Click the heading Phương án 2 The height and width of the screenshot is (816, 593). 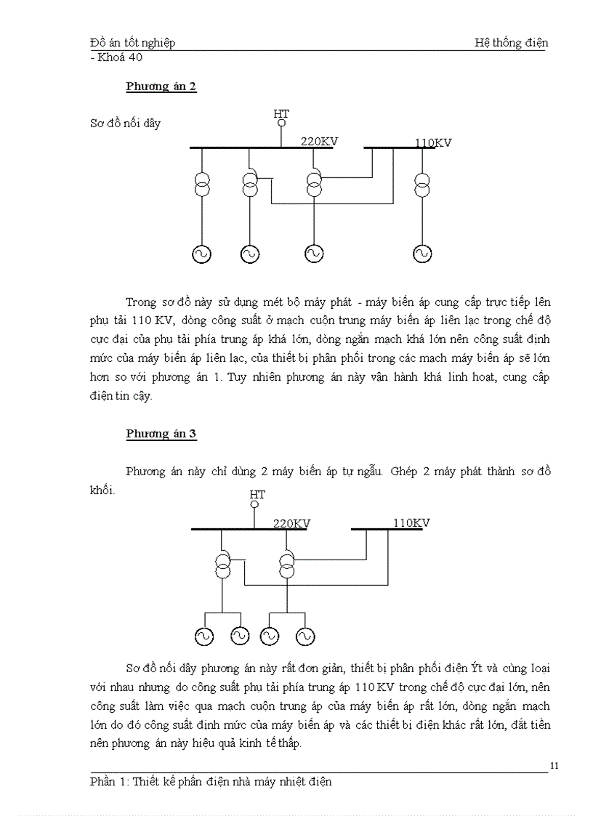[x=161, y=86]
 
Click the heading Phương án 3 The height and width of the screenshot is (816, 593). [x=161, y=434]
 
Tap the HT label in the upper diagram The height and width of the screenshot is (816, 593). [x=281, y=113]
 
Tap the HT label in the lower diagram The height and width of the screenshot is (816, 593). [x=257, y=495]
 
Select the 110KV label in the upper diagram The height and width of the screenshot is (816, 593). [x=433, y=142]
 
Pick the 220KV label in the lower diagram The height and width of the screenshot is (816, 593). [x=292, y=523]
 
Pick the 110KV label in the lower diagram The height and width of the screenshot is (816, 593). [x=411, y=522]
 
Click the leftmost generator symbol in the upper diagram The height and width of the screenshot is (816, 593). [x=201, y=254]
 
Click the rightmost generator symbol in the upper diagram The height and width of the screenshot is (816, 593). [x=421, y=254]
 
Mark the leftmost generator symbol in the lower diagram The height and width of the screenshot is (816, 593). [x=203, y=636]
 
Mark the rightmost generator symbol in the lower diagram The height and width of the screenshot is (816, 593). [x=305, y=636]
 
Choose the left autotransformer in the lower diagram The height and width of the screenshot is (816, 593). [x=223, y=564]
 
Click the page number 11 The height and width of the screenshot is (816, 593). [x=554, y=765]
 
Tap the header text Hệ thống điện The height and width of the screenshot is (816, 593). [x=511, y=42]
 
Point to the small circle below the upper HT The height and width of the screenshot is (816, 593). [x=281, y=124]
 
